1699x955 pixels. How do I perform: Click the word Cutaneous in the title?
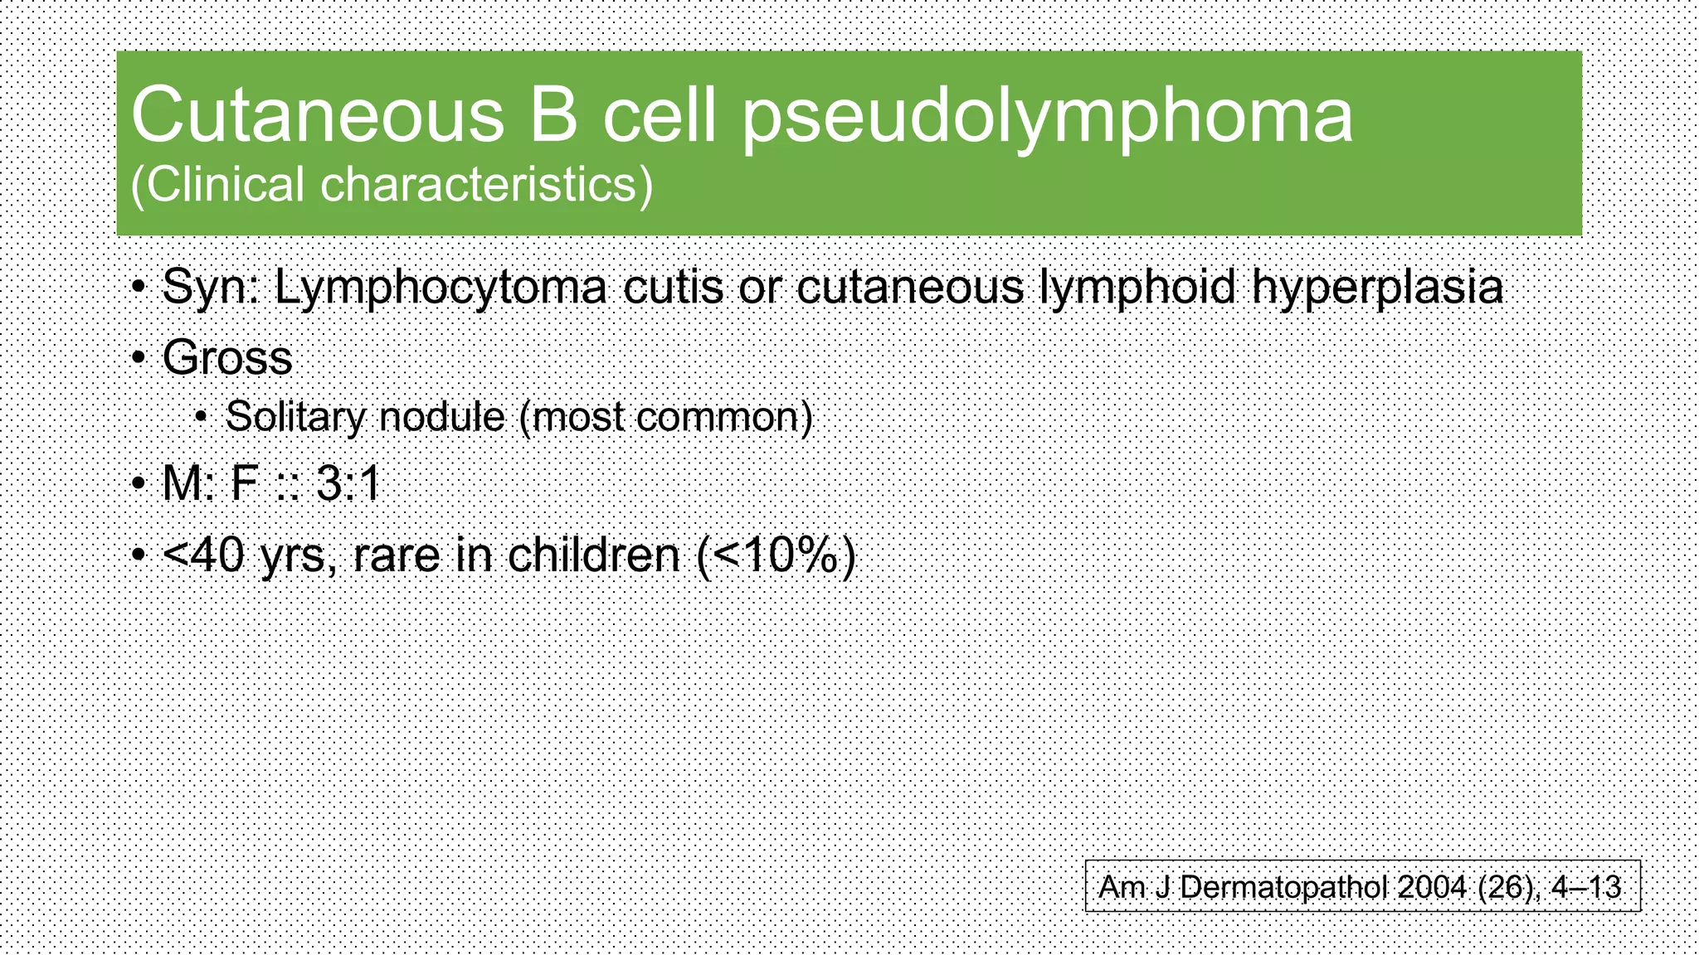pos(317,116)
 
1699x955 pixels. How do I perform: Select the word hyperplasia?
pos(1377,288)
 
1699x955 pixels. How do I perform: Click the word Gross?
pos(226,358)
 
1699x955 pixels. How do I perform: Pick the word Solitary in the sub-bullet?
pos(295,416)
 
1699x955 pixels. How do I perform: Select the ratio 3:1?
pos(348,483)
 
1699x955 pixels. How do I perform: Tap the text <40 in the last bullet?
pos(204,555)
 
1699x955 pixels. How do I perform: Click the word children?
pos(593,555)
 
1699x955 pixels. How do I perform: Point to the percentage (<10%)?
pos(776,555)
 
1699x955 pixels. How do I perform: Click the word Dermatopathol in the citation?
pos(1284,887)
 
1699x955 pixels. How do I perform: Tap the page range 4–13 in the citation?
pos(1585,887)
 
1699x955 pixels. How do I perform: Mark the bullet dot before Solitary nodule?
pos(201,417)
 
